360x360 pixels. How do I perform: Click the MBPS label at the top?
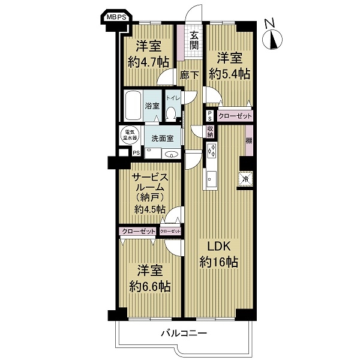click(x=117, y=17)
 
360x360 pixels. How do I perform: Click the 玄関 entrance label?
click(x=194, y=41)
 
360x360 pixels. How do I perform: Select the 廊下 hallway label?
click(x=190, y=75)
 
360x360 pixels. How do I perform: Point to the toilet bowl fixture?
click(x=170, y=114)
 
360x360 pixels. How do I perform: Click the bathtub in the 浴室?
click(x=133, y=106)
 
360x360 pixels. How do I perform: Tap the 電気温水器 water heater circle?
click(x=130, y=135)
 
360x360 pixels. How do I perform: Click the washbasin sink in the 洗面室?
click(x=171, y=154)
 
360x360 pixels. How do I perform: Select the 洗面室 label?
click(x=163, y=139)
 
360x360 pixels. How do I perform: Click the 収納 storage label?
click(x=210, y=132)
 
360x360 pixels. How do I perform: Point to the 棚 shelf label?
click(x=249, y=140)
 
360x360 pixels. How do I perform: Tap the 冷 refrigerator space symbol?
click(x=245, y=179)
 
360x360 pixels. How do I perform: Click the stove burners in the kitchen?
click(x=211, y=151)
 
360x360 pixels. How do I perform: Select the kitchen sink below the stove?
click(x=211, y=179)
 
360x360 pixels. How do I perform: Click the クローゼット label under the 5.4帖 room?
click(x=235, y=116)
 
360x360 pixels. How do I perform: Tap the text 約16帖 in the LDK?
click(x=218, y=262)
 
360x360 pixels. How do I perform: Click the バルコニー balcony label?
click(x=184, y=333)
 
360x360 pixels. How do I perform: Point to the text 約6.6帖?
click(x=149, y=286)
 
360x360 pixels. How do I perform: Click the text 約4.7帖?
click(x=149, y=62)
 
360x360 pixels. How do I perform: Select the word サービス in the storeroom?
click(x=150, y=178)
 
